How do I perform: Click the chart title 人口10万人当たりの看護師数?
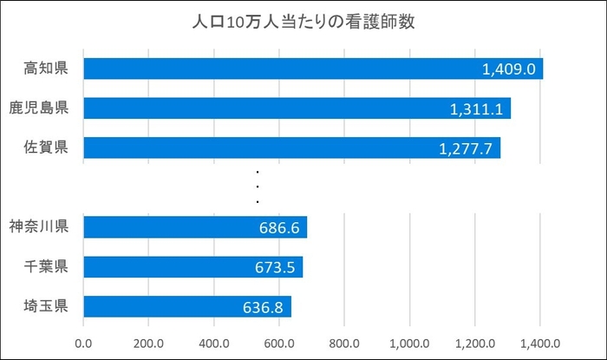303,22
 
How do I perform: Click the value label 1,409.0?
511,69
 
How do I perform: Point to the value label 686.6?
278,228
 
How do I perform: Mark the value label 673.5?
275,267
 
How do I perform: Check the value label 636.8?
264,307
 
